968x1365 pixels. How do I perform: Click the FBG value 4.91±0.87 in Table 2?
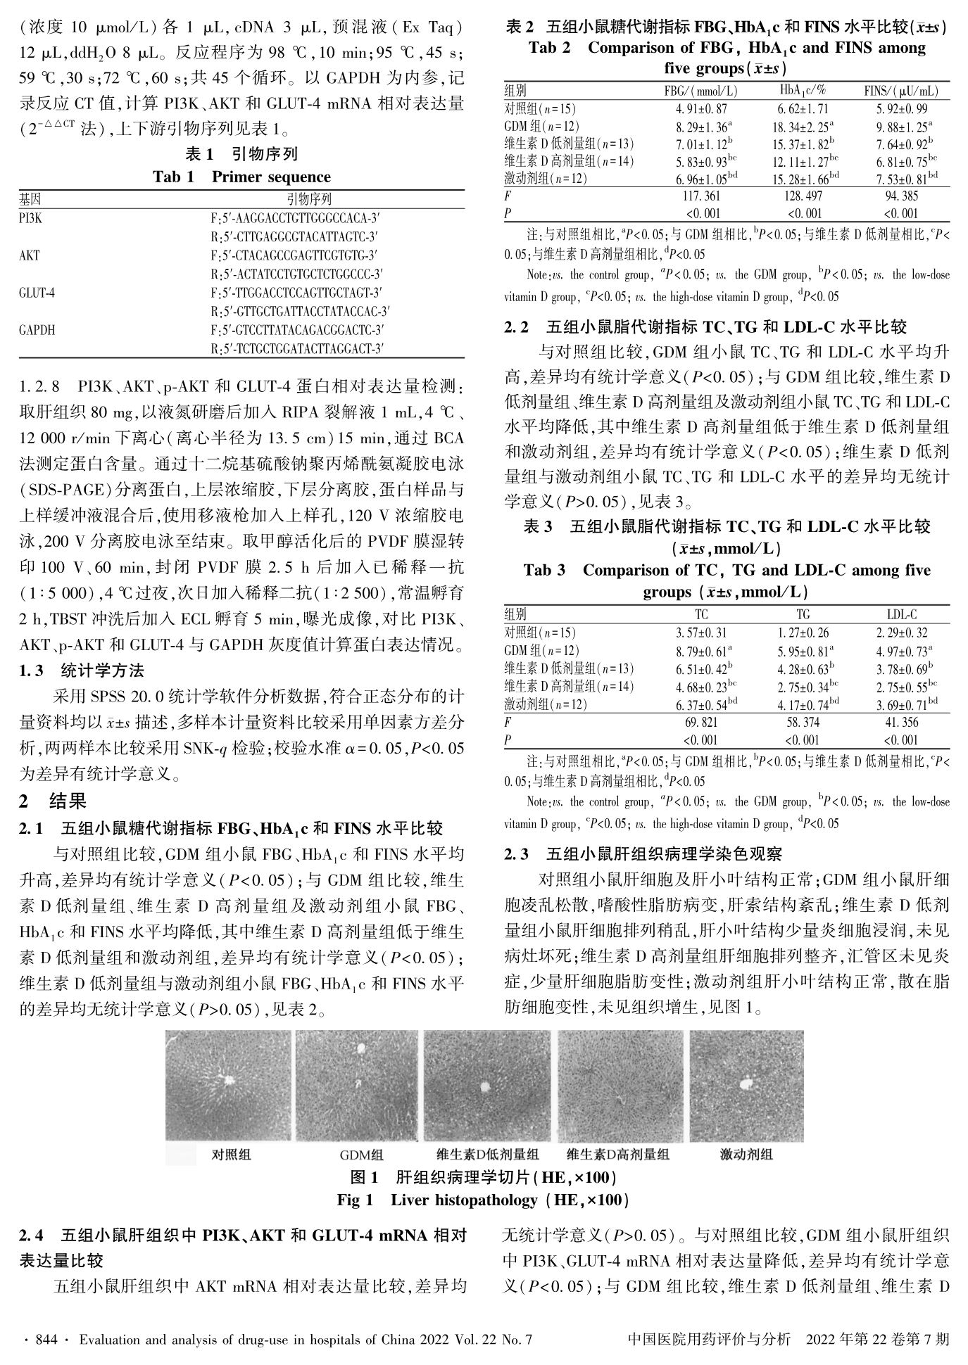pyautogui.click(x=701, y=109)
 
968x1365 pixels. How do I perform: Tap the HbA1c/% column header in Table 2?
pyautogui.click(x=803, y=91)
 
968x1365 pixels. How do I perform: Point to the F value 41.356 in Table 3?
pyautogui.click(x=901, y=722)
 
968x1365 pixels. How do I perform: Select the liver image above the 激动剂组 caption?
pyautogui.click(x=746, y=1086)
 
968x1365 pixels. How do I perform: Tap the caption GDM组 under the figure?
pyautogui.click(x=361, y=1155)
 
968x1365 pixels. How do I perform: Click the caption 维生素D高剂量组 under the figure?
pyautogui.click(x=618, y=1154)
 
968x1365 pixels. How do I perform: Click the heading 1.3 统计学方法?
pyautogui.click(x=82, y=671)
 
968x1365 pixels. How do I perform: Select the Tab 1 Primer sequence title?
pyautogui.click(x=241, y=177)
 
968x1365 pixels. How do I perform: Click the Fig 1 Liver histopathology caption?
pyautogui.click(x=483, y=1200)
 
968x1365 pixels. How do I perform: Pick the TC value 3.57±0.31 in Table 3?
pyautogui.click(x=701, y=633)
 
